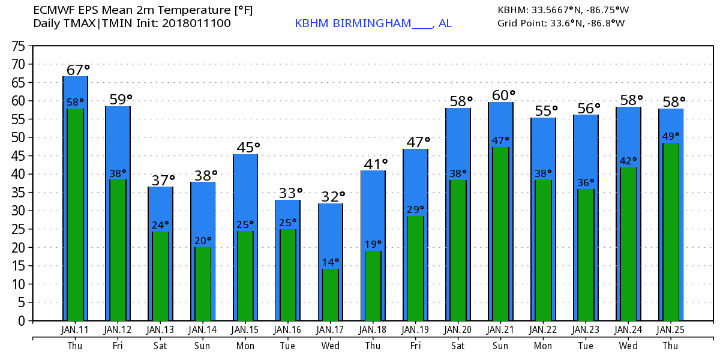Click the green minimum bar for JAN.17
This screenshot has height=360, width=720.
(x=331, y=295)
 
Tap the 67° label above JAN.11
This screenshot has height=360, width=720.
(x=77, y=70)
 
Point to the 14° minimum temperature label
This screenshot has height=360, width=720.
(x=331, y=262)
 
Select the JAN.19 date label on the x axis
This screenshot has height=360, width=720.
(x=415, y=330)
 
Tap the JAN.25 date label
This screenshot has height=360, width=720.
(x=670, y=330)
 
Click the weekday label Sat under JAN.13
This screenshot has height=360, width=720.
(x=160, y=346)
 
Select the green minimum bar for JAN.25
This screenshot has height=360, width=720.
(x=671, y=232)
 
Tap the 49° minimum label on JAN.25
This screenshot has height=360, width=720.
(x=671, y=136)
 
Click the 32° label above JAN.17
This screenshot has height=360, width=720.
(x=333, y=196)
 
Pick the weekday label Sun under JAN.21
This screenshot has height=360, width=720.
(x=500, y=346)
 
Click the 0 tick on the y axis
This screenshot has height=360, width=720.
(x=21, y=321)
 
